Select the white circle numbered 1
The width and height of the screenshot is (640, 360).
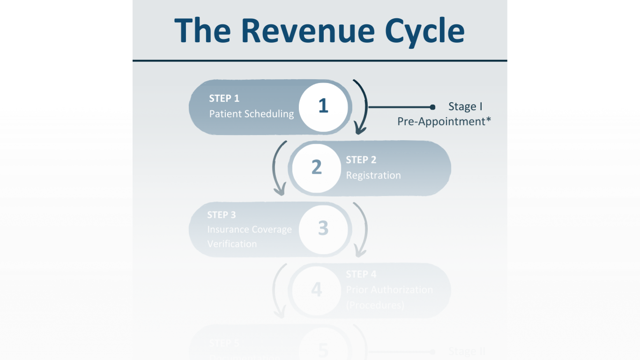point(323,106)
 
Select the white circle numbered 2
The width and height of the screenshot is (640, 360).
point(316,167)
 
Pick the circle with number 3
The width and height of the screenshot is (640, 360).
point(323,228)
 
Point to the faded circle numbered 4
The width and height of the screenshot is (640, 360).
point(316,290)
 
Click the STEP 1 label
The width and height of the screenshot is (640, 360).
point(224,98)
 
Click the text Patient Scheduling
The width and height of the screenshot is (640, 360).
point(251,114)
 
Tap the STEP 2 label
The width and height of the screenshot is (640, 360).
point(361,160)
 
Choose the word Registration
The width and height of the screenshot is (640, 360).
point(373,175)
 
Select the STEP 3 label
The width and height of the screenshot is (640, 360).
point(221,215)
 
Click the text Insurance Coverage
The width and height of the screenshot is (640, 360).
point(249,229)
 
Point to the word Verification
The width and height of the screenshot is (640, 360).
point(232,244)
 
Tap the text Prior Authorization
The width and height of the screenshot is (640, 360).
point(389,290)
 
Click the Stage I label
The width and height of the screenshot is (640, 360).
point(465,106)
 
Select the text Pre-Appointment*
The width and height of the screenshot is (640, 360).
point(444,121)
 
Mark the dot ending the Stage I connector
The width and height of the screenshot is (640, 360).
point(432,107)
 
